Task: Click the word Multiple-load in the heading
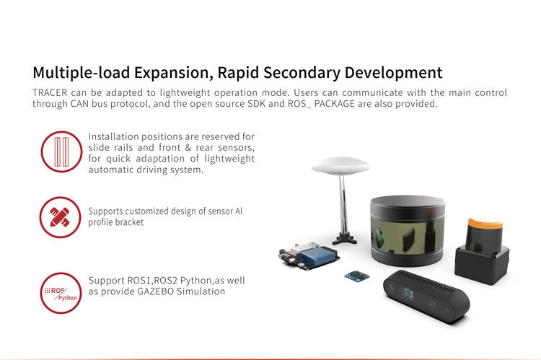(82, 73)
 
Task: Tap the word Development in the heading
(393, 73)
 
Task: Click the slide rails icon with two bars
(61, 152)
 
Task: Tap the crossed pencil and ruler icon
(61, 217)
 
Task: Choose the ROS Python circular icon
(61, 293)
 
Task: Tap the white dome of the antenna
(340, 165)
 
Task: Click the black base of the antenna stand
(345, 239)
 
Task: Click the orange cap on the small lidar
(485, 223)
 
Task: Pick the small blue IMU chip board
(357, 276)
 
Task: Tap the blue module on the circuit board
(318, 256)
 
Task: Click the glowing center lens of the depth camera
(408, 293)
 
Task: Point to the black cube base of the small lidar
(482, 263)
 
